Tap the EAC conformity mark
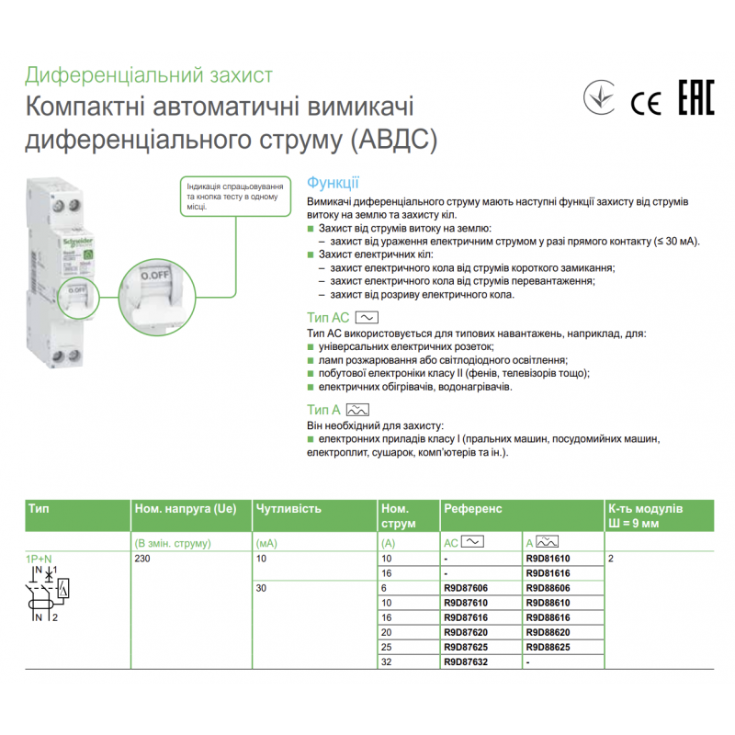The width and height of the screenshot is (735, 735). (696, 99)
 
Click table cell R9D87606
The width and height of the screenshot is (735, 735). (464, 588)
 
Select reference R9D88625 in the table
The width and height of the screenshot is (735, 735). (548, 647)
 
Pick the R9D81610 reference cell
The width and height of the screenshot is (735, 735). (548, 559)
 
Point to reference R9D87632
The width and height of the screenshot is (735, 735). (464, 661)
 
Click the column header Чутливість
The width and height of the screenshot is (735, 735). (288, 508)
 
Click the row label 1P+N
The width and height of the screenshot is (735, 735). (39, 559)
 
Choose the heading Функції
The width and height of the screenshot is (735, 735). (333, 183)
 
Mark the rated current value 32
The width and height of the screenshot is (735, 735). (387, 661)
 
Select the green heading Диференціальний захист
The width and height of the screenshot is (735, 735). (149, 75)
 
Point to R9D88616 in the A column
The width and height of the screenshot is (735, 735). (548, 617)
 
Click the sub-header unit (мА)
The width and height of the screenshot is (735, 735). (266, 543)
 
